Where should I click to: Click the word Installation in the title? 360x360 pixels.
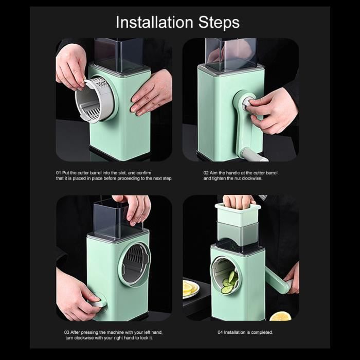[x=154, y=22]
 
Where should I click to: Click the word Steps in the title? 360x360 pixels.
[x=219, y=22]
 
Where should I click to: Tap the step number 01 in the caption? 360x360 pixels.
[x=58, y=173]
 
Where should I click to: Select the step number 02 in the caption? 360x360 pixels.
[x=206, y=173]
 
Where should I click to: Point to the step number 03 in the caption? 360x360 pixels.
[x=66, y=332]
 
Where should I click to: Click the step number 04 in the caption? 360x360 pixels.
[x=220, y=332]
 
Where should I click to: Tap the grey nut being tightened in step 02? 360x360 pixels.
[x=248, y=103]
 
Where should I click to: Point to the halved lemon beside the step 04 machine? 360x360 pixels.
[x=280, y=317]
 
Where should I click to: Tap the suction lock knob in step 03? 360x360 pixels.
[x=98, y=302]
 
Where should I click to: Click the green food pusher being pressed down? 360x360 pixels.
[x=238, y=213]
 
